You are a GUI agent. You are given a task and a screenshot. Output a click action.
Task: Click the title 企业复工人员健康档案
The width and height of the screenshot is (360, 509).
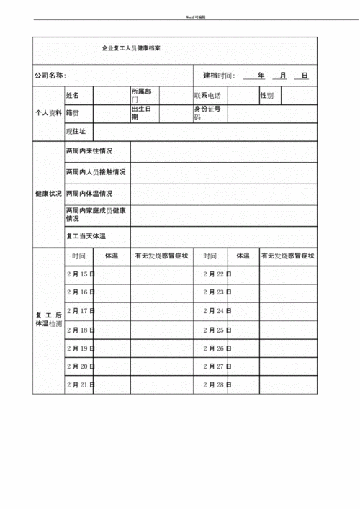tap(132, 49)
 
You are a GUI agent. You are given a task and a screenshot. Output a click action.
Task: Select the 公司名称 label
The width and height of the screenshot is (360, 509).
tap(50, 76)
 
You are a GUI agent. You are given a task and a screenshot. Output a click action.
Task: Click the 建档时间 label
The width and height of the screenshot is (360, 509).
tap(219, 76)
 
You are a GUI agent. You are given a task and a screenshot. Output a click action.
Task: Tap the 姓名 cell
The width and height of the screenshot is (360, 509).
tap(73, 95)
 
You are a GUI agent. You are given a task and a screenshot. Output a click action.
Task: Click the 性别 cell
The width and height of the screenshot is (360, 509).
tap(266, 95)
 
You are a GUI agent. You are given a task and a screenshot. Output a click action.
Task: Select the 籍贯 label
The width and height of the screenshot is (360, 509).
tap(73, 113)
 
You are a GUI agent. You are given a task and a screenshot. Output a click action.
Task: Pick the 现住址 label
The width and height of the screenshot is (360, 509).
tap(76, 132)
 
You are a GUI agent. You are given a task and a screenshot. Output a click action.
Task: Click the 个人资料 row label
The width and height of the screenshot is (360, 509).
tap(49, 114)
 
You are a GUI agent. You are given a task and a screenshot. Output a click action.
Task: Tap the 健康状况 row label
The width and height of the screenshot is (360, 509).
tap(49, 194)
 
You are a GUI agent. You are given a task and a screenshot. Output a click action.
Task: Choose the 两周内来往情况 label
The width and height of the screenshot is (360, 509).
tap(89, 152)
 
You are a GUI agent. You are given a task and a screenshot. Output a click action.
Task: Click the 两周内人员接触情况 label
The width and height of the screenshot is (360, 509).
tap(95, 173)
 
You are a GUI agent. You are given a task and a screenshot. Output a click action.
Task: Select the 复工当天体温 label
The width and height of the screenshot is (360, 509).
tap(86, 236)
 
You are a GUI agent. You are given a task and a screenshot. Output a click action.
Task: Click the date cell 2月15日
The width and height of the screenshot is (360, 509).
tap(81, 274)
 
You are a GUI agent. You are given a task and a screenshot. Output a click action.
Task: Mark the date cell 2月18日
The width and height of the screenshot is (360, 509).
tap(81, 330)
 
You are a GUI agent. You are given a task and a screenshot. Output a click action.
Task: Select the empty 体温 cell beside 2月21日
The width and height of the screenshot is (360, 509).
tap(112, 385)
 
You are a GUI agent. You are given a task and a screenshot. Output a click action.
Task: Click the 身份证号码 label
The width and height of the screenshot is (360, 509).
tap(207, 113)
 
